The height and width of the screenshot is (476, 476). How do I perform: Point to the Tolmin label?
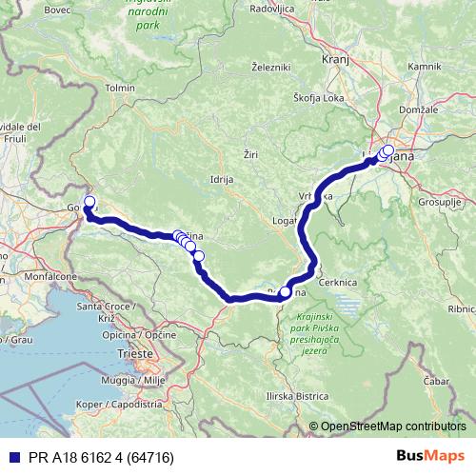(121, 88)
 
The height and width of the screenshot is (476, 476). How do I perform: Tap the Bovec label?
(30, 10)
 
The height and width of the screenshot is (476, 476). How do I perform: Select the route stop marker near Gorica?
(89, 201)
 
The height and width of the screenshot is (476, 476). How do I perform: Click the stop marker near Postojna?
(285, 292)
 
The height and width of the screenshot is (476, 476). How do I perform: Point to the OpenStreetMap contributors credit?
(392, 426)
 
